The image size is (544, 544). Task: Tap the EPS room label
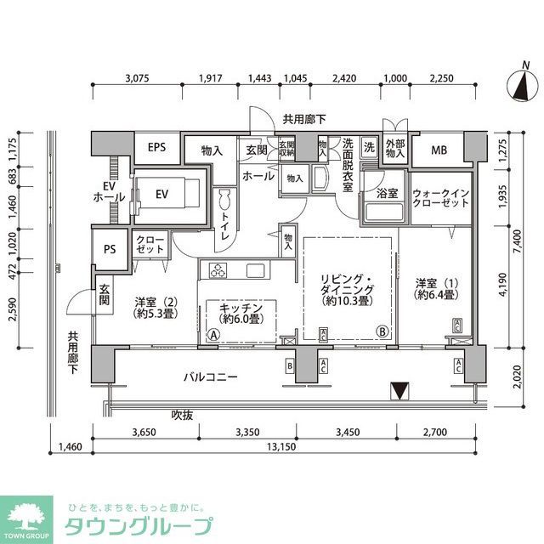[x=156, y=147]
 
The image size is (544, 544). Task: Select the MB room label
[x=439, y=150]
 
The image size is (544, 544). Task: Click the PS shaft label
[x=109, y=249]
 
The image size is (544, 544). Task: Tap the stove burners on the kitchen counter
[x=217, y=271]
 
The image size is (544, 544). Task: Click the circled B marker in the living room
[x=383, y=331]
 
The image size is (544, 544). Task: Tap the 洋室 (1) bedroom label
[x=437, y=289]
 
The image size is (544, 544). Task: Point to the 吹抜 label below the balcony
[x=183, y=415]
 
